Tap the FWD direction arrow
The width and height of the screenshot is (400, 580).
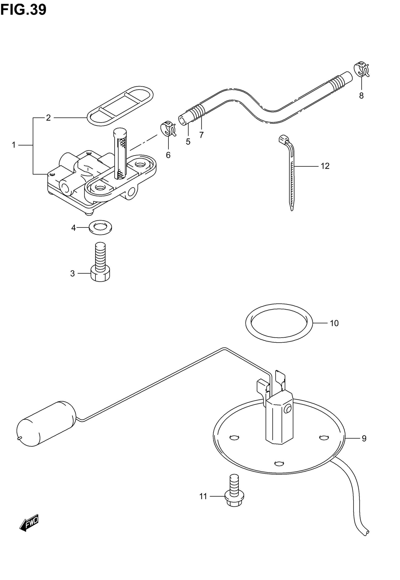[x=29, y=523]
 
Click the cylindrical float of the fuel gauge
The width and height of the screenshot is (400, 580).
[x=46, y=424]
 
